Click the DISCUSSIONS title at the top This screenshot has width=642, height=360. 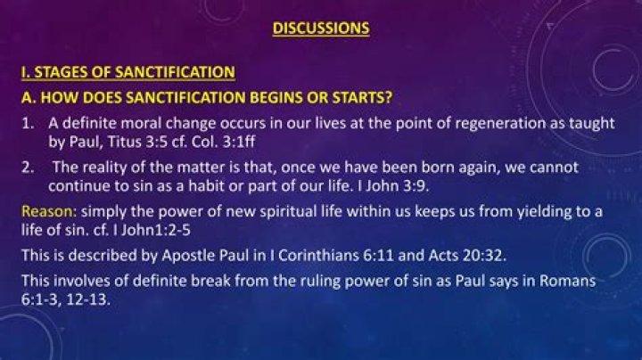click(321, 28)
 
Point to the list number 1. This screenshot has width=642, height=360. click(29, 123)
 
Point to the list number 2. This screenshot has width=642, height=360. click(29, 168)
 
